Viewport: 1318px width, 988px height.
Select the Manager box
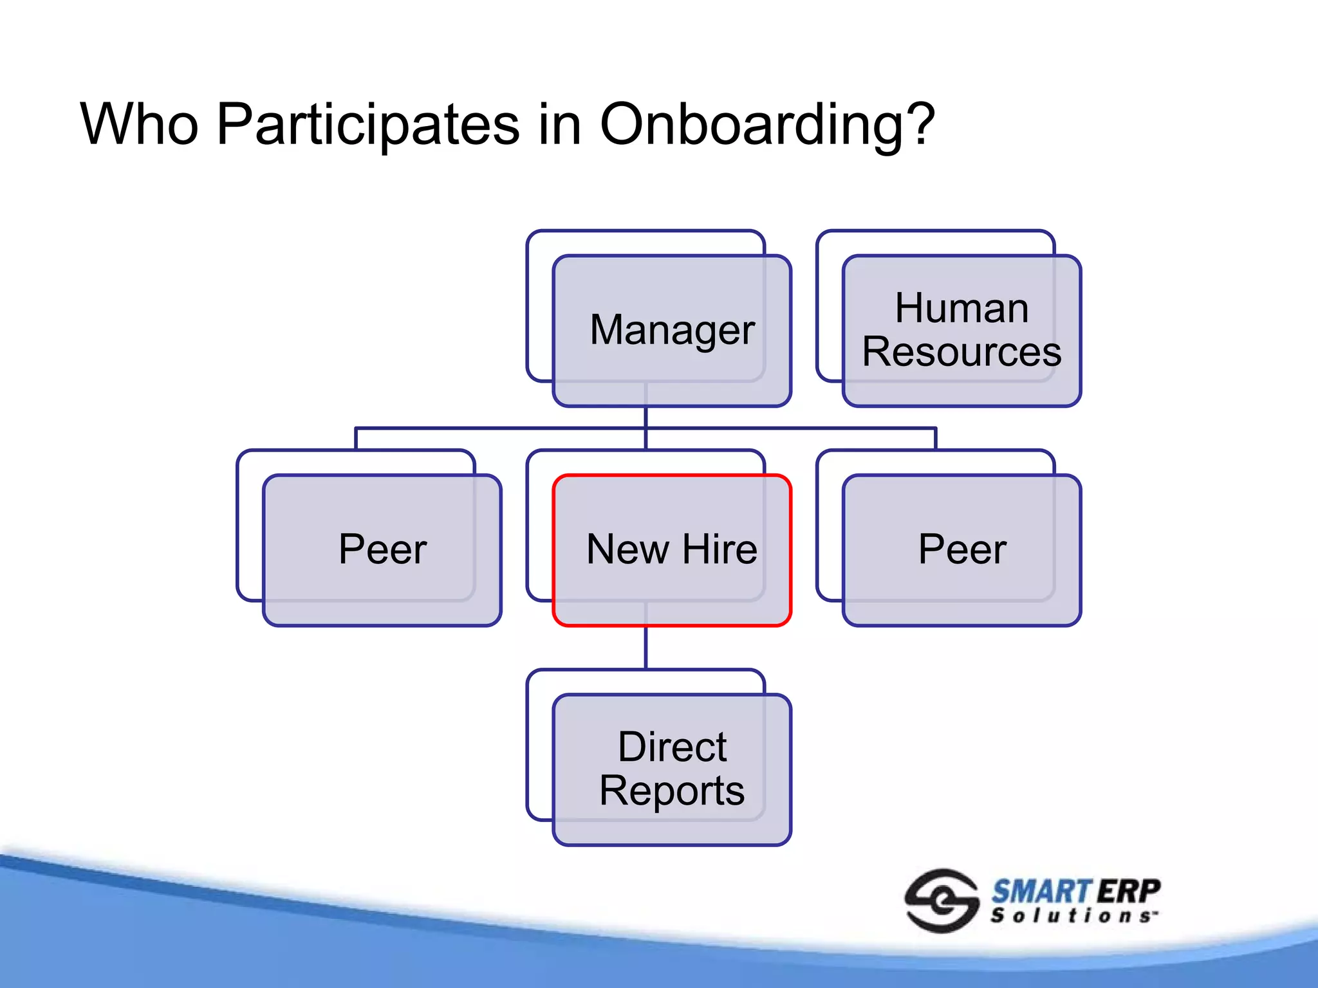(672, 331)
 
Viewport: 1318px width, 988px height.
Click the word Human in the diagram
(961, 308)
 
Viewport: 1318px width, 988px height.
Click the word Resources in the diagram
(961, 352)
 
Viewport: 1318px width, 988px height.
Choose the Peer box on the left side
(382, 550)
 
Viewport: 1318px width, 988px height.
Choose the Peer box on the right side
(961, 550)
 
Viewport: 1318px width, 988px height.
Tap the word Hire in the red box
(719, 550)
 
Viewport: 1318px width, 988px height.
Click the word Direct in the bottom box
(672, 747)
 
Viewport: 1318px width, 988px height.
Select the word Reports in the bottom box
(672, 791)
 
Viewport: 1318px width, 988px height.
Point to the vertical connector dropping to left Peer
(356, 439)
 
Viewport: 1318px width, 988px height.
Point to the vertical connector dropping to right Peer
(936, 439)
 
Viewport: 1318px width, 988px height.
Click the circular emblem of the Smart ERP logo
(942, 901)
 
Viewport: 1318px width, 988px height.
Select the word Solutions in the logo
(1072, 916)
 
